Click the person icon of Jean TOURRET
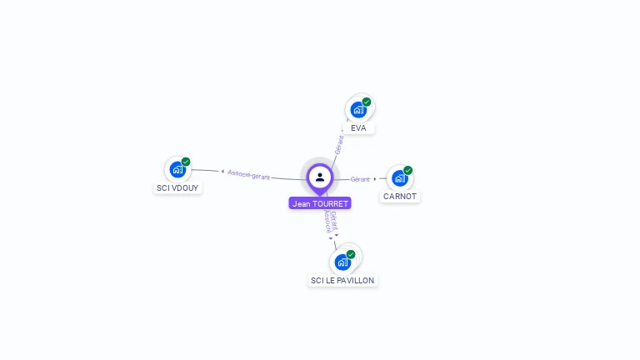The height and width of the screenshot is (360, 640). (320, 177)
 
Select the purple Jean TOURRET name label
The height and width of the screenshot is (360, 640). (320, 203)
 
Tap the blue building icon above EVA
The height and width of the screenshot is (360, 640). (358, 109)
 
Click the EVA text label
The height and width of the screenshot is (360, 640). (358, 127)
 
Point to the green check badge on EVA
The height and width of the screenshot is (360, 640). (367, 102)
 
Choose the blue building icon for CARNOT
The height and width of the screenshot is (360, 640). (400, 178)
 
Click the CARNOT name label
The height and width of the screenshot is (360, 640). (400, 197)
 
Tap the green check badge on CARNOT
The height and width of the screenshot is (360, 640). (408, 170)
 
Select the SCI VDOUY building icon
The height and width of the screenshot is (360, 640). (177, 170)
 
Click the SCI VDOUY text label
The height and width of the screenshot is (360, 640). (178, 187)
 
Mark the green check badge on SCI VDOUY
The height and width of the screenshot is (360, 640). (186, 162)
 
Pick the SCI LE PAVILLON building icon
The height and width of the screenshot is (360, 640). (342, 262)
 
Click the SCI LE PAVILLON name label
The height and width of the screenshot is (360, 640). (342, 281)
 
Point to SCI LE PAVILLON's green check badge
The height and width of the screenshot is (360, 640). (351, 254)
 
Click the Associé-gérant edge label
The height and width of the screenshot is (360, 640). (248, 174)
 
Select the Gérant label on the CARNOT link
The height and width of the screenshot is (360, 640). (360, 179)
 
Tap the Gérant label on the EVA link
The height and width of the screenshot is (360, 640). (339, 143)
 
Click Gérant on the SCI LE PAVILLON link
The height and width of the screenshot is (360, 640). (334, 219)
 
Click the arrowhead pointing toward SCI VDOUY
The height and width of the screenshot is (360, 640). (222, 172)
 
